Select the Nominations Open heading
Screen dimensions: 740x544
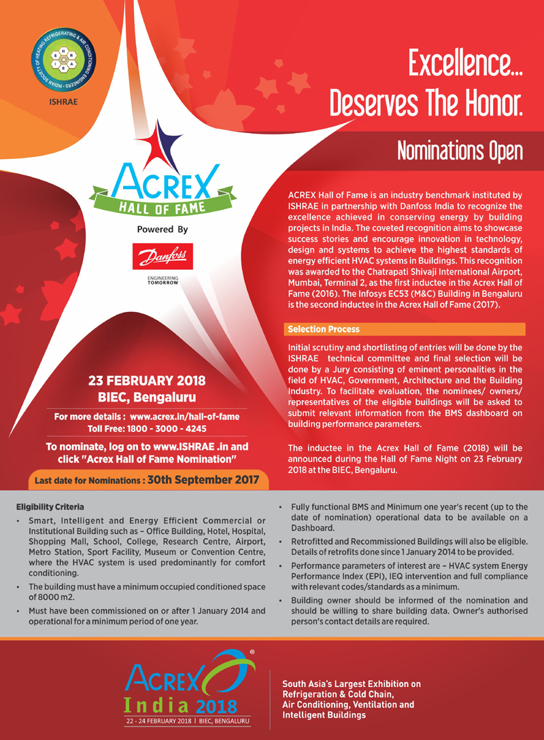460,149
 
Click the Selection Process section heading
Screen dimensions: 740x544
324,330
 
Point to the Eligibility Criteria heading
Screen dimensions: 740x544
51,507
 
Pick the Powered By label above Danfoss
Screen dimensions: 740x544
163,230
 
